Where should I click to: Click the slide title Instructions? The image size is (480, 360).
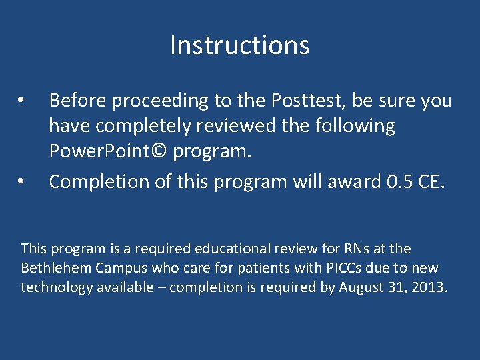[x=239, y=45]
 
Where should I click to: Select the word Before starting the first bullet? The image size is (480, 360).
[x=77, y=101]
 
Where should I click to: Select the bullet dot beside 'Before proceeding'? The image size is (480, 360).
[x=21, y=101]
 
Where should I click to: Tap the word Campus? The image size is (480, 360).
[x=111, y=268]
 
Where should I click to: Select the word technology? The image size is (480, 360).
[x=54, y=287]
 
